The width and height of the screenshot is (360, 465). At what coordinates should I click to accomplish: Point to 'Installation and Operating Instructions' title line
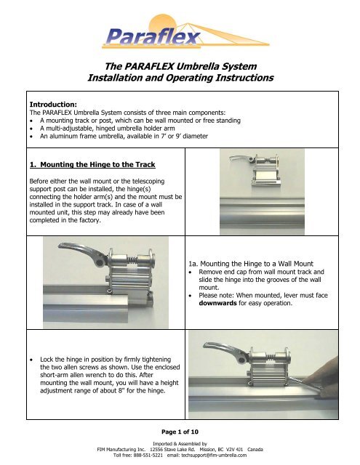[x=179, y=76]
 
